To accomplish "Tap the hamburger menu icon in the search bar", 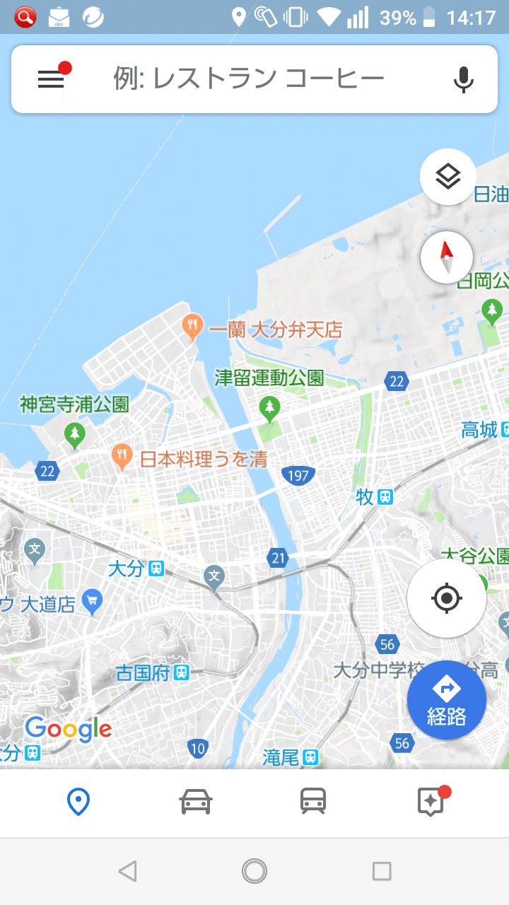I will click(x=51, y=79).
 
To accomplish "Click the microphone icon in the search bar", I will click(x=463, y=79).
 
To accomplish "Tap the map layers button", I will click(x=447, y=177).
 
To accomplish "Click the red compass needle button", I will click(x=446, y=257).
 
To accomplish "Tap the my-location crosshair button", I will click(x=446, y=599).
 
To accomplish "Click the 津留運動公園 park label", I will click(x=269, y=378).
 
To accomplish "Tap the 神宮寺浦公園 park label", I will click(x=74, y=405).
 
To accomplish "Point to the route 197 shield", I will click(x=298, y=476).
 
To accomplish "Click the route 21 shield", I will click(x=278, y=559).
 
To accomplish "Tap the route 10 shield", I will click(x=198, y=748).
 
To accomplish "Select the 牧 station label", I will click(x=374, y=497).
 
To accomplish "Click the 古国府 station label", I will click(x=152, y=672).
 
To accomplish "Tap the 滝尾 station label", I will click(x=290, y=757).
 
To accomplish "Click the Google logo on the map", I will click(x=69, y=728).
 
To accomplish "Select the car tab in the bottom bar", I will click(x=196, y=802).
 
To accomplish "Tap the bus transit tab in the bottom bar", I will click(x=313, y=802).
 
